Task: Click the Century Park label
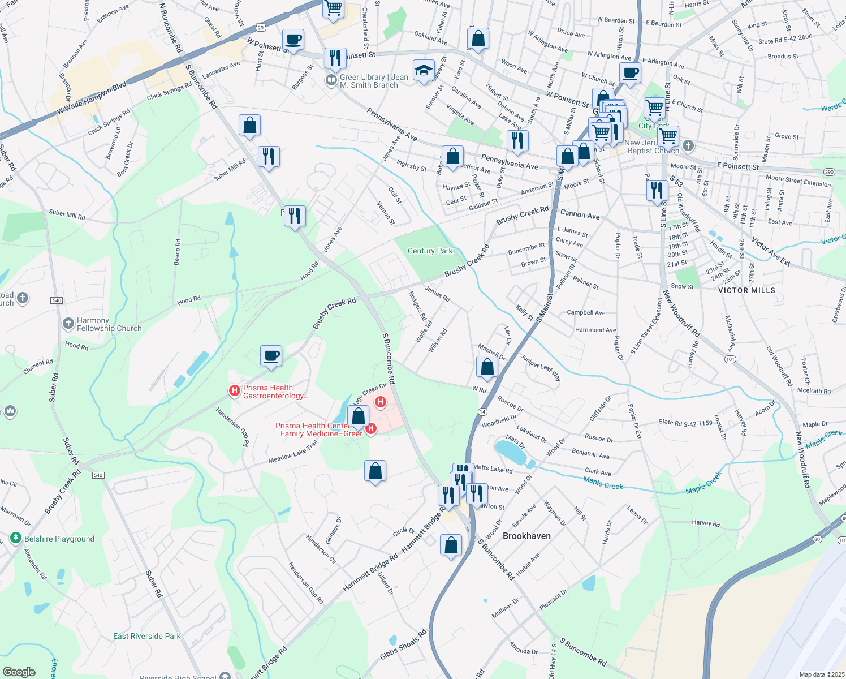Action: (x=430, y=251)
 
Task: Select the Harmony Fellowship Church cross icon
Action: (x=68, y=323)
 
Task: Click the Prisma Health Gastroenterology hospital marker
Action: (x=234, y=390)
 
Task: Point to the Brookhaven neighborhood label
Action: (x=526, y=535)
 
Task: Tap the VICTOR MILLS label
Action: (x=746, y=290)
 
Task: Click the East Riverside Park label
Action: (x=146, y=636)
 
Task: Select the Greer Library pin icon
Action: (x=331, y=80)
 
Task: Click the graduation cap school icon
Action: (x=424, y=71)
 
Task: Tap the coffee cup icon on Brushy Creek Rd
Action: (x=271, y=356)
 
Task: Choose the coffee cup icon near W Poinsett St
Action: (x=293, y=40)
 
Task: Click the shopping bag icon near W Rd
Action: (x=487, y=367)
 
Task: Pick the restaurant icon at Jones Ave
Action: (x=294, y=216)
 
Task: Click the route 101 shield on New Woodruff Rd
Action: (x=731, y=359)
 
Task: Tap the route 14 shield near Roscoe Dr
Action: (x=482, y=411)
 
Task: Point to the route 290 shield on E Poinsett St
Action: (x=829, y=172)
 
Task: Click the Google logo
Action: (x=19, y=672)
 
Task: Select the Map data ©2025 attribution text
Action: (x=822, y=674)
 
